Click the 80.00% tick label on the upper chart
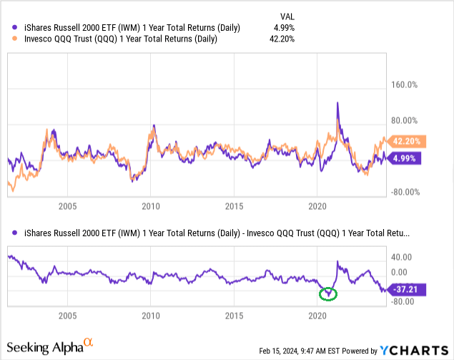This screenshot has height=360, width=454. [402, 120]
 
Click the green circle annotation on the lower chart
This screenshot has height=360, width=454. [328, 293]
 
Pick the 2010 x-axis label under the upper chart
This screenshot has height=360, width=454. [150, 207]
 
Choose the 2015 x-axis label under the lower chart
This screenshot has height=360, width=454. [234, 315]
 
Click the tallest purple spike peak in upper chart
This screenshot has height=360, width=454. [337, 103]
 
